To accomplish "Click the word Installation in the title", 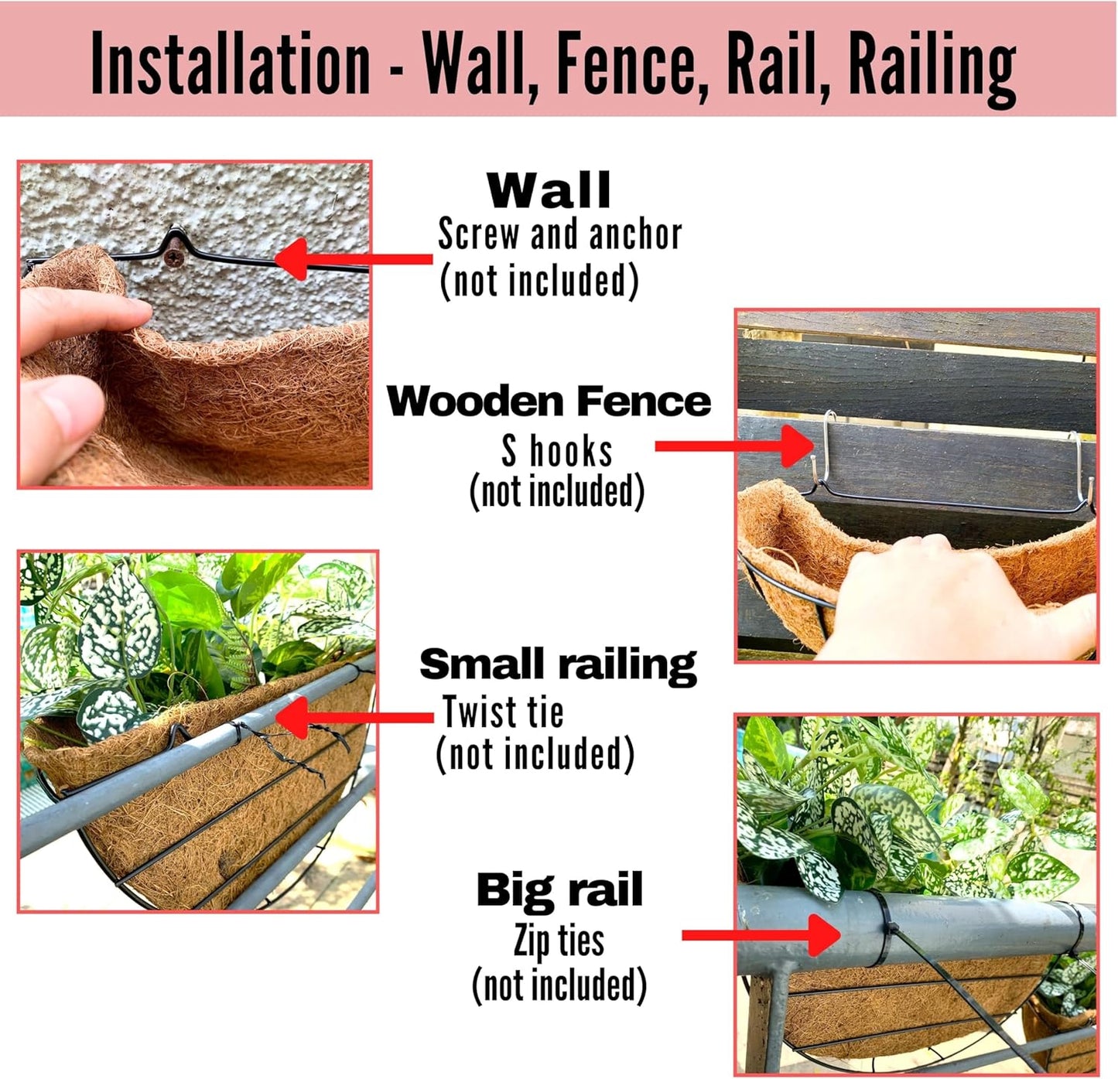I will (x=231, y=63).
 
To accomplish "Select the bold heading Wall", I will (x=549, y=190).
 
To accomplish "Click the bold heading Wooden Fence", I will (x=549, y=401).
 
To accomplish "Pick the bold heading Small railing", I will (x=558, y=665).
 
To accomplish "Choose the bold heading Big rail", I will (x=559, y=890).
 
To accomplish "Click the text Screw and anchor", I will (x=559, y=234).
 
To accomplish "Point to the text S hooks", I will (x=556, y=451).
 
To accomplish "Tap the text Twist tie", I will (x=503, y=712).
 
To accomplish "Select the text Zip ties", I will (x=559, y=941).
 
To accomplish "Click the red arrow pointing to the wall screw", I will (x=352, y=258).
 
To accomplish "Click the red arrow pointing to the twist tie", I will (x=353, y=717).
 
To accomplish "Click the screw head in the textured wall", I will (x=176, y=256).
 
